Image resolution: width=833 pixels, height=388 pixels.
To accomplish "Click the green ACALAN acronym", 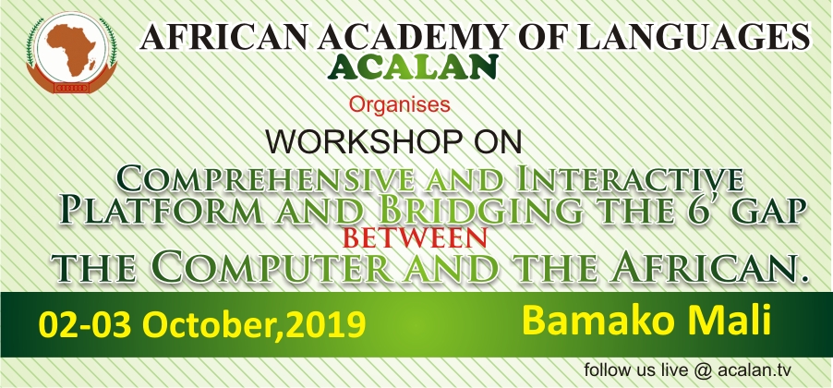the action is coord(412,67).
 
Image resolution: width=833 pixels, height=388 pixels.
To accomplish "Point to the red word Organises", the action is coord(400,104).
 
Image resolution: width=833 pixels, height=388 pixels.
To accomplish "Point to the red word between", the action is coord(415,238).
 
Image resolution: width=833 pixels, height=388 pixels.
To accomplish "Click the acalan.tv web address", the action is coord(755,370).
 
